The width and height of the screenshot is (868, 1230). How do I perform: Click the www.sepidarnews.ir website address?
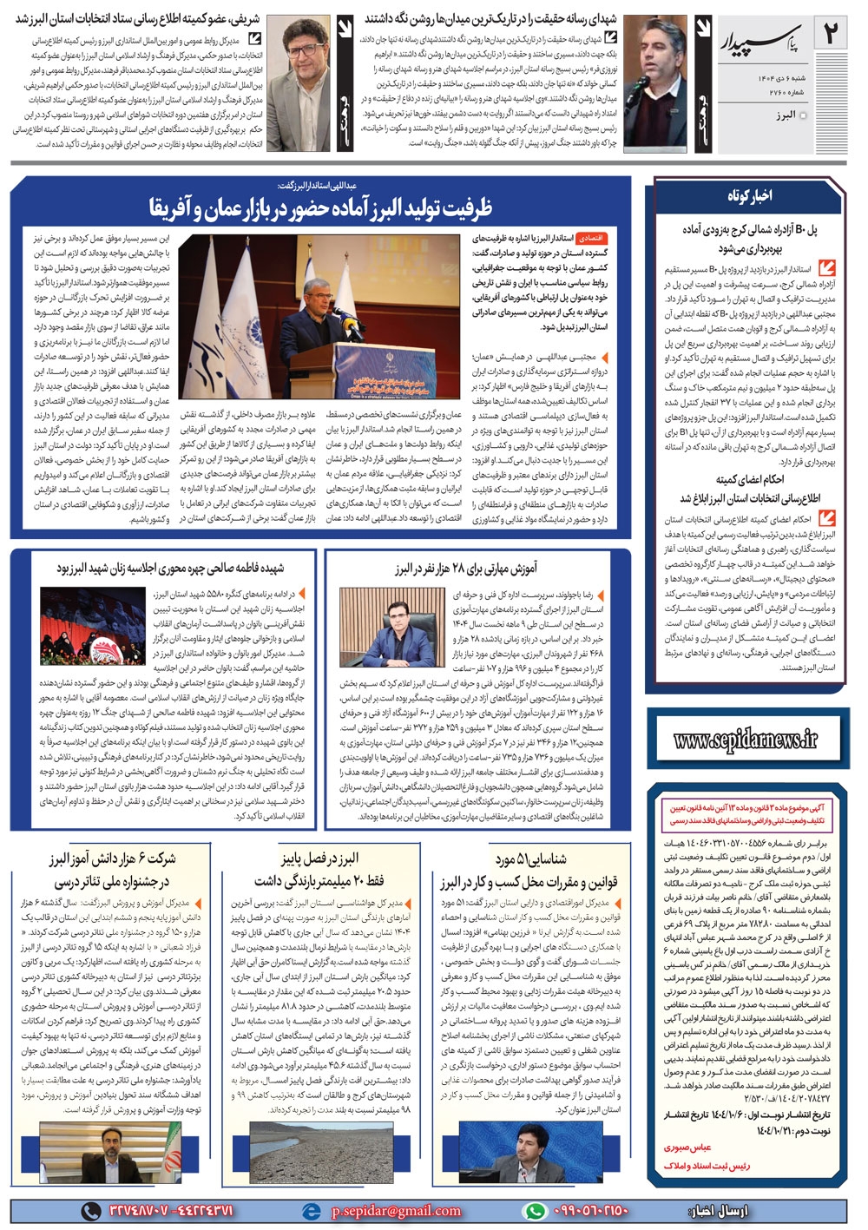(x=746, y=739)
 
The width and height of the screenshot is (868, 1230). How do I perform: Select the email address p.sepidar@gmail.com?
(x=396, y=1210)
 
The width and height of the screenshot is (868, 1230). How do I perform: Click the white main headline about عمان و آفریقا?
(x=321, y=207)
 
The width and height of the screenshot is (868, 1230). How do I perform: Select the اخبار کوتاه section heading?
(x=749, y=197)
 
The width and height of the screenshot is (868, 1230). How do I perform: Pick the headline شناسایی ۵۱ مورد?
(x=531, y=859)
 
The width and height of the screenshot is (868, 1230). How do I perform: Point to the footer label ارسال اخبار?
(x=717, y=1210)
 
